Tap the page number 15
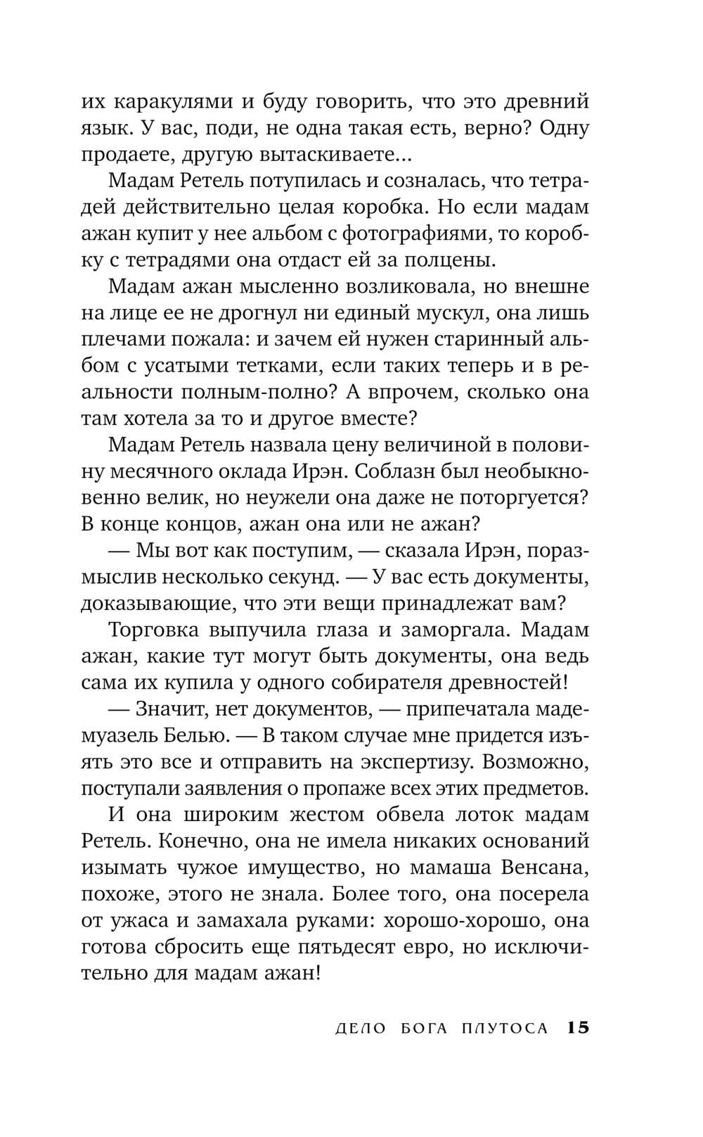577,1028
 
